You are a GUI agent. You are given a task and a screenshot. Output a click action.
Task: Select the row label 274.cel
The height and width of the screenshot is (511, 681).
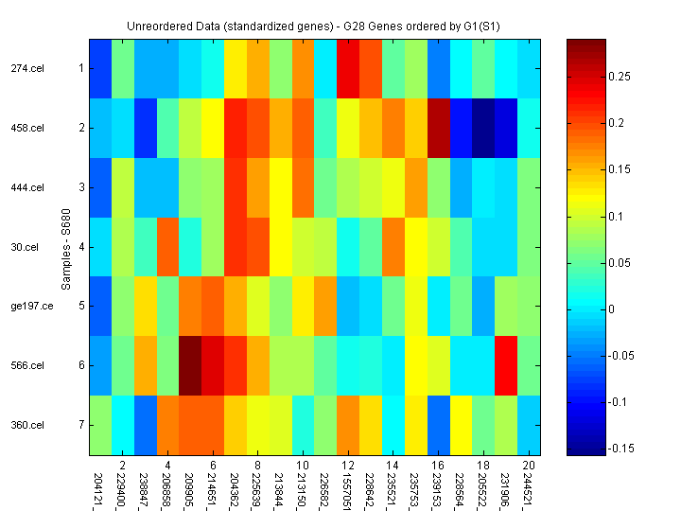(x=27, y=68)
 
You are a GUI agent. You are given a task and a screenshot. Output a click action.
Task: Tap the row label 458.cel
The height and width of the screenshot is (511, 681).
(x=27, y=128)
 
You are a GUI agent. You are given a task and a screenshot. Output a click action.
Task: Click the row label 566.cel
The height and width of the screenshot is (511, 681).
(x=27, y=365)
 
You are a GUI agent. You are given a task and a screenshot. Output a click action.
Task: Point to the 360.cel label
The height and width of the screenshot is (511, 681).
(x=27, y=425)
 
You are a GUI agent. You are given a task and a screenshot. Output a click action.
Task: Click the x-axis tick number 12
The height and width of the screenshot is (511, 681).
(x=348, y=467)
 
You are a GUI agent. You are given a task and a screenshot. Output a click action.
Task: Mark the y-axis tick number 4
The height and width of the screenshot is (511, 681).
(x=81, y=247)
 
